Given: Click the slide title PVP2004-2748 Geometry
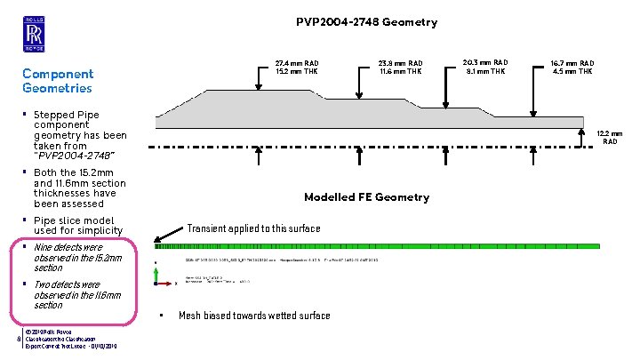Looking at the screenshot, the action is [366, 22].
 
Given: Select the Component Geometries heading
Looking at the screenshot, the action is [58, 81].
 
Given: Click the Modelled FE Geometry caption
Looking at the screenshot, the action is [366, 196].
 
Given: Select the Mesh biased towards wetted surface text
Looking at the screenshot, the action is [254, 316].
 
